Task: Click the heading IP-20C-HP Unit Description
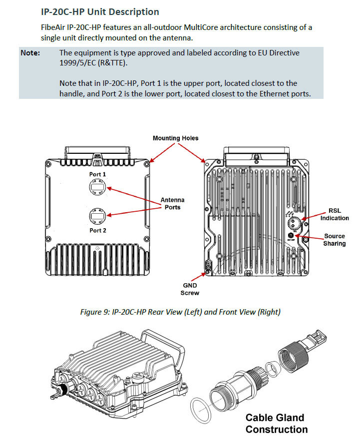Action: [x=100, y=11]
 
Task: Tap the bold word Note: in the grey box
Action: [x=30, y=52]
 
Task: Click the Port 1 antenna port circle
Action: [x=97, y=188]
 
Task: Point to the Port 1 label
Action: [x=97, y=174]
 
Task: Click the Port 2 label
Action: [x=97, y=230]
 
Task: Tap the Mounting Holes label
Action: [x=175, y=138]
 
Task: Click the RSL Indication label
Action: [x=335, y=214]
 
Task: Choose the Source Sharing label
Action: [x=334, y=240]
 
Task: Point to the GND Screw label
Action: [x=190, y=290]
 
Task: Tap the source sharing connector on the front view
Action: [x=290, y=235]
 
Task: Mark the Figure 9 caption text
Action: [x=180, y=312]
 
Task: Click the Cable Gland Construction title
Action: [x=276, y=423]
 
